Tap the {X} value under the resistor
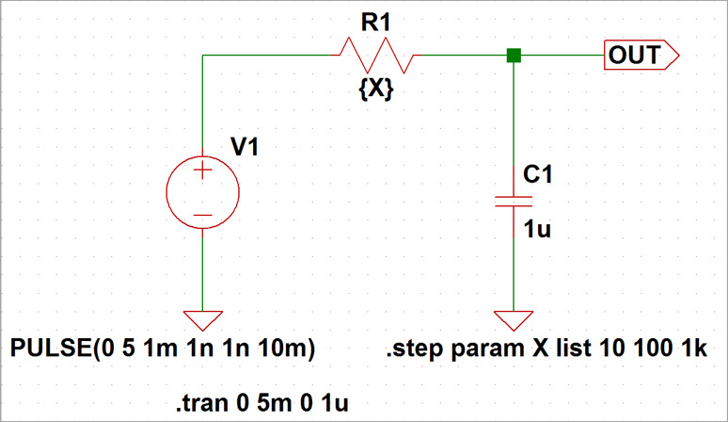coord(376,89)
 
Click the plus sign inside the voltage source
coord(202,171)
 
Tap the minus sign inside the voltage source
coord(202,216)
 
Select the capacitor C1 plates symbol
coord(514,200)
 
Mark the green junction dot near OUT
coord(514,56)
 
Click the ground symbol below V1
coord(202,319)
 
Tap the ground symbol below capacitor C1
coord(514,319)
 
